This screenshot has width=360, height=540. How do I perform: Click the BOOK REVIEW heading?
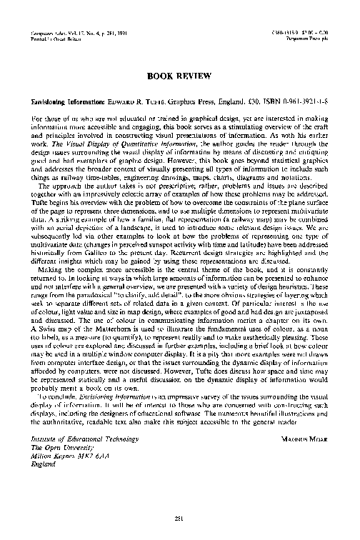pos(180,74)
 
